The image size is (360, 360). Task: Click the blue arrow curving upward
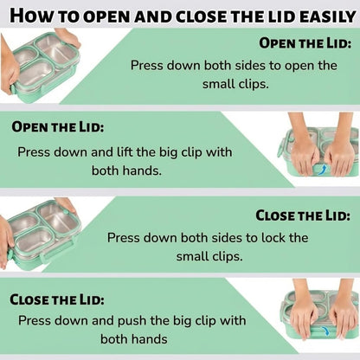click(323, 170)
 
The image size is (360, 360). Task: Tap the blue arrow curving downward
click(325, 331)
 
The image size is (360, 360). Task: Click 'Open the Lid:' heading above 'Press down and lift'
click(58, 127)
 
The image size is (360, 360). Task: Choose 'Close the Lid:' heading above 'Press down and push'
click(57, 299)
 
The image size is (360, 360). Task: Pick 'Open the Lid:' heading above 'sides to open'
click(305, 43)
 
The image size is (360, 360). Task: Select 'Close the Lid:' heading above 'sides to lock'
click(303, 215)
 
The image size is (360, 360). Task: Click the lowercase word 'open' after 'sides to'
click(299, 66)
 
